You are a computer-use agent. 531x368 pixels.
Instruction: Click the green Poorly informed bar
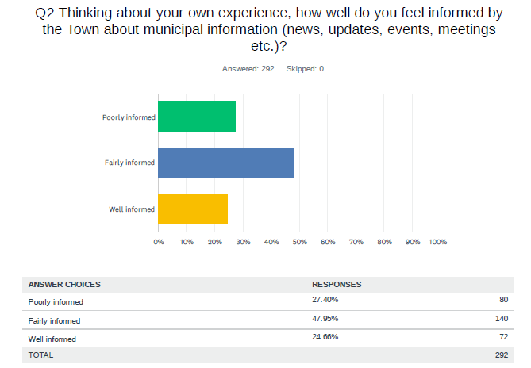197,117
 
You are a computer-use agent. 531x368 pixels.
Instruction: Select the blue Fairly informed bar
225,163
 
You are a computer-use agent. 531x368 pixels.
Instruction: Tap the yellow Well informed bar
193,209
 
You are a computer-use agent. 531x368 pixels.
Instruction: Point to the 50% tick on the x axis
299,241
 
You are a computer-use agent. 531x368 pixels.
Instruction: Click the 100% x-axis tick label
437,241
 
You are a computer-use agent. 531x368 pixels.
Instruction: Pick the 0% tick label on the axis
159,241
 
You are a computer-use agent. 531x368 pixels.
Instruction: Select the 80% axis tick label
384,241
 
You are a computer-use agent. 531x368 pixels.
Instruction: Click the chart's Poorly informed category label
129,117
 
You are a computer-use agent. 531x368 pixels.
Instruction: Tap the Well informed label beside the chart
132,209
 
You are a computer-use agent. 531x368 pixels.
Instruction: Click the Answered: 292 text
248,69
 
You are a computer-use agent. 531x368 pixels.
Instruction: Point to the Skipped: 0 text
305,69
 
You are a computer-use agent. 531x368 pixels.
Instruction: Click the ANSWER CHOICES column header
64,284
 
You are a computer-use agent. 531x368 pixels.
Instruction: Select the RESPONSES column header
337,284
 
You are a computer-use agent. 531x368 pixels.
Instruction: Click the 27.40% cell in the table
325,300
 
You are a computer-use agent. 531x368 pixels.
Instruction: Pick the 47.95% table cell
325,319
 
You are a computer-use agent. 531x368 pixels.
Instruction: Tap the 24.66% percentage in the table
325,337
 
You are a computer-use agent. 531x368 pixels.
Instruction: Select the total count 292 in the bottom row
501,355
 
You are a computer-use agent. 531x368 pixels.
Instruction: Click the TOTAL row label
41,355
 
